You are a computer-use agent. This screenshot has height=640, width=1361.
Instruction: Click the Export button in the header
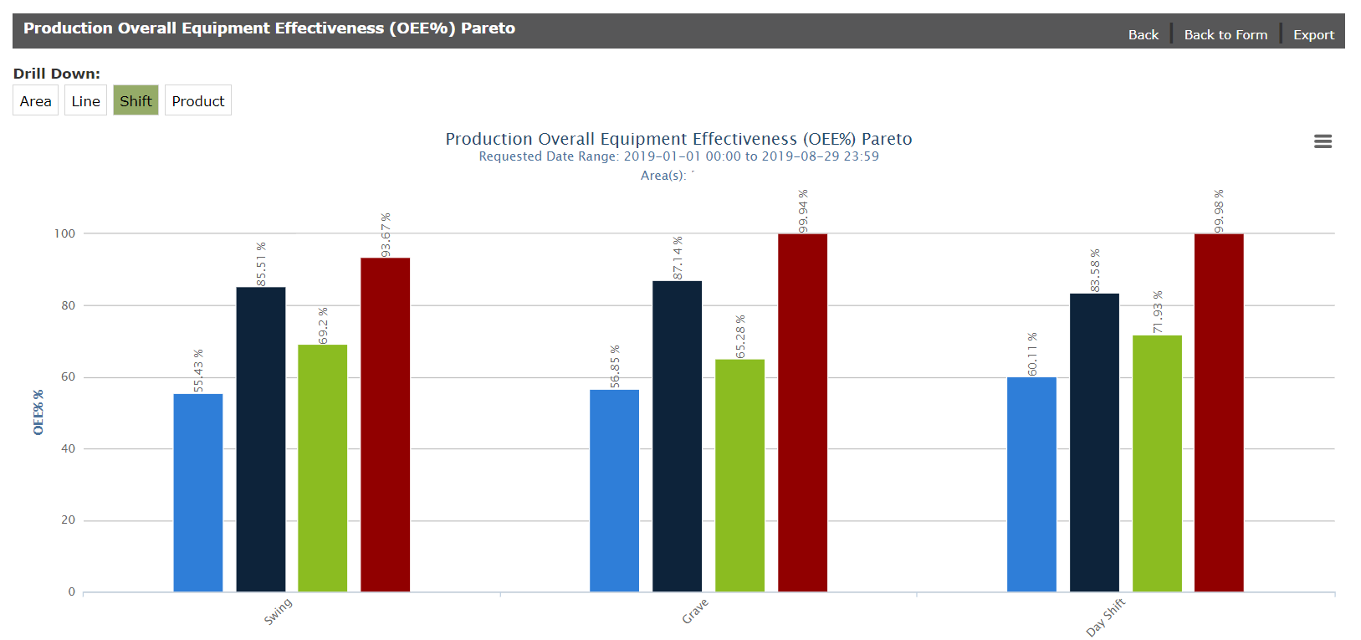coord(1313,34)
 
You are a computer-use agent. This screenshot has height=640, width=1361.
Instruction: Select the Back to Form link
coord(1225,34)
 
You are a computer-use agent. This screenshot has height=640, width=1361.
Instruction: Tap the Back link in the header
coord(1143,34)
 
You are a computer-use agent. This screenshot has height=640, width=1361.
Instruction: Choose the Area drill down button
coord(35,100)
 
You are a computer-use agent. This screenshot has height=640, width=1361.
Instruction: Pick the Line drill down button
coord(85,100)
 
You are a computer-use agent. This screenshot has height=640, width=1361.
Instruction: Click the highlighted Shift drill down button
coord(136,100)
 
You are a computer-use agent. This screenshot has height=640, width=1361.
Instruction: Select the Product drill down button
coord(198,100)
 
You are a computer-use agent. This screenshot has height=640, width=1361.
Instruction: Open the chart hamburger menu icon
coord(1323,141)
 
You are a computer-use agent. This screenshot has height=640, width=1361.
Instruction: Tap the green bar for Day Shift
coord(1157,463)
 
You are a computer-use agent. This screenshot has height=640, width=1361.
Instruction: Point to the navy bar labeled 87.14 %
coord(677,436)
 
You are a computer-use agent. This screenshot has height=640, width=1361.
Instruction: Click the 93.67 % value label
coord(386,235)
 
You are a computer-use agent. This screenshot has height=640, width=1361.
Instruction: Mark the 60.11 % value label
coord(1032,354)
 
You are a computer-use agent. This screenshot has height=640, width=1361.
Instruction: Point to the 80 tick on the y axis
coord(68,305)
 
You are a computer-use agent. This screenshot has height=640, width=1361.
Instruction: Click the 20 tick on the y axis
coord(68,520)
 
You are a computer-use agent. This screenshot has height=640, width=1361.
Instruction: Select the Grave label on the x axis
coord(695,611)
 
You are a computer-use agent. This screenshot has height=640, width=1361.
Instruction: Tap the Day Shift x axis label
coord(1105,617)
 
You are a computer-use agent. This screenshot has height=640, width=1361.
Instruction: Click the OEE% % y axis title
coord(38,412)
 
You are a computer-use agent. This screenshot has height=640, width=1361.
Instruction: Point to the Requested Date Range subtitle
coord(678,156)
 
